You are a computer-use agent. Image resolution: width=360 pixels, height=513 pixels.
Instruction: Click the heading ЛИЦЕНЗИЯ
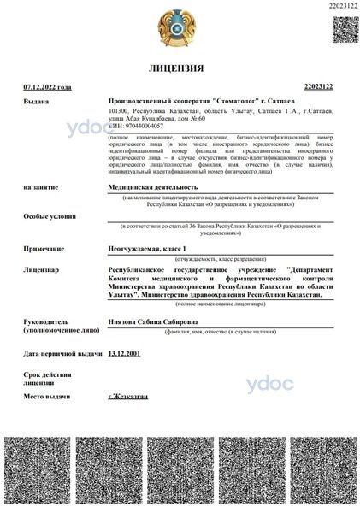[x=180, y=68]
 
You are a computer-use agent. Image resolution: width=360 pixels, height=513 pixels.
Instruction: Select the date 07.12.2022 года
[x=48, y=87]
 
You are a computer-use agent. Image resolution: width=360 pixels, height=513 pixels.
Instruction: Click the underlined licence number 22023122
[x=321, y=87]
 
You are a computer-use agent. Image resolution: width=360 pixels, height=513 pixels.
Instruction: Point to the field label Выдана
[x=36, y=100]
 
